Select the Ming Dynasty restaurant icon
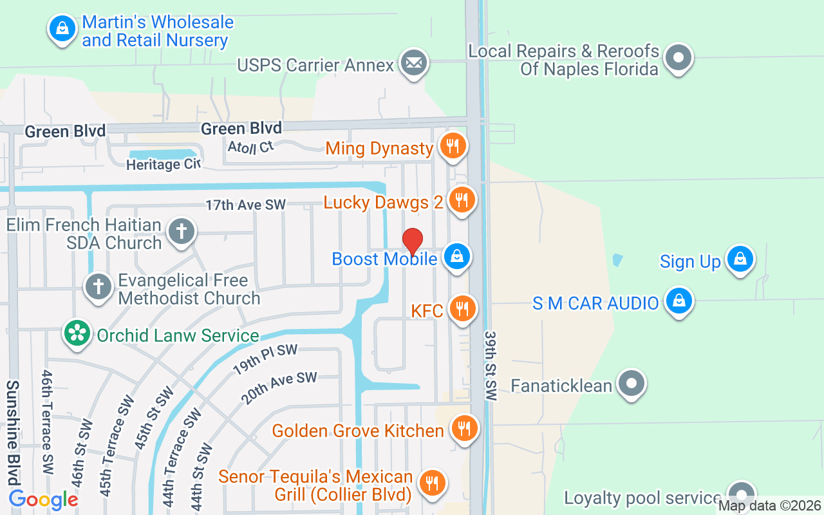coord(453,146)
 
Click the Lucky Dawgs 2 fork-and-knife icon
coord(461,200)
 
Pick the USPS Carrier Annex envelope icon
coord(413,63)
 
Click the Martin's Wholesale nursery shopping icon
coord(62,29)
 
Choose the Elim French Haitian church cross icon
coord(181,231)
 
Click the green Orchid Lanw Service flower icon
coord(77,333)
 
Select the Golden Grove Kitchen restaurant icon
coord(462,427)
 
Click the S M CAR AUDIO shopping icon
coord(679,301)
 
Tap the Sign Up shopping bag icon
coord(740,259)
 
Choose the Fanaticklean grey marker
coord(632,384)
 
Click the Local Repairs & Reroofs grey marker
coord(678,58)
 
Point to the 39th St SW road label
coord(491,366)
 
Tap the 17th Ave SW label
coord(245,205)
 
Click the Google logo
coord(43,499)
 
